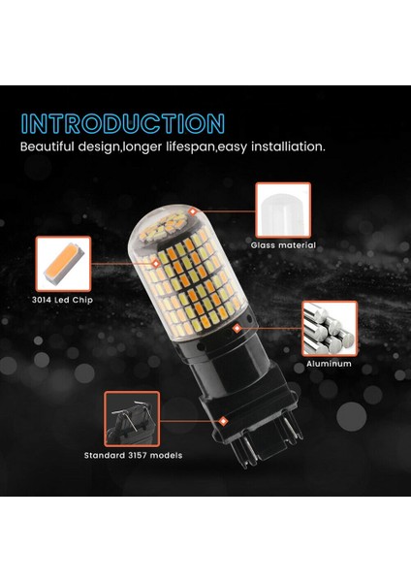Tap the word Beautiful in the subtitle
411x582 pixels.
click(x=54, y=147)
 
